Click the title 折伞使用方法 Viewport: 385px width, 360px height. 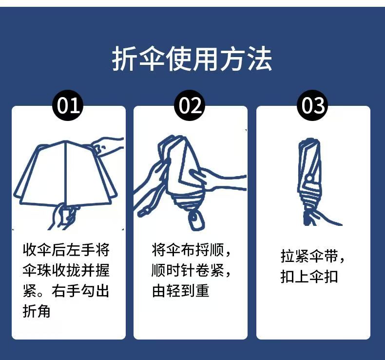coord(192,59)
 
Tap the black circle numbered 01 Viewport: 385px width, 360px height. coord(68,105)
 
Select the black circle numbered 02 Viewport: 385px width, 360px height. coord(190,105)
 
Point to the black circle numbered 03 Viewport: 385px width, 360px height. coord(312,105)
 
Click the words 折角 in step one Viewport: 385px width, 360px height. coord(37,311)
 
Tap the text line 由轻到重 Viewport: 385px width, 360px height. coord(180,291)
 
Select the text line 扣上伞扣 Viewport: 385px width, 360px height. coord(309,277)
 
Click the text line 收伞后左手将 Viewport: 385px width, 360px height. coord(66,250)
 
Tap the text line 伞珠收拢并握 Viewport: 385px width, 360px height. coord(66,270)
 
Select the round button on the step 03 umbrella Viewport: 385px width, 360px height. coord(309,178)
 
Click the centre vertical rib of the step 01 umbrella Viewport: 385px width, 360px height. coord(66,172)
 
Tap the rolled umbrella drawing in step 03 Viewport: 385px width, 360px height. coord(310,182)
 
